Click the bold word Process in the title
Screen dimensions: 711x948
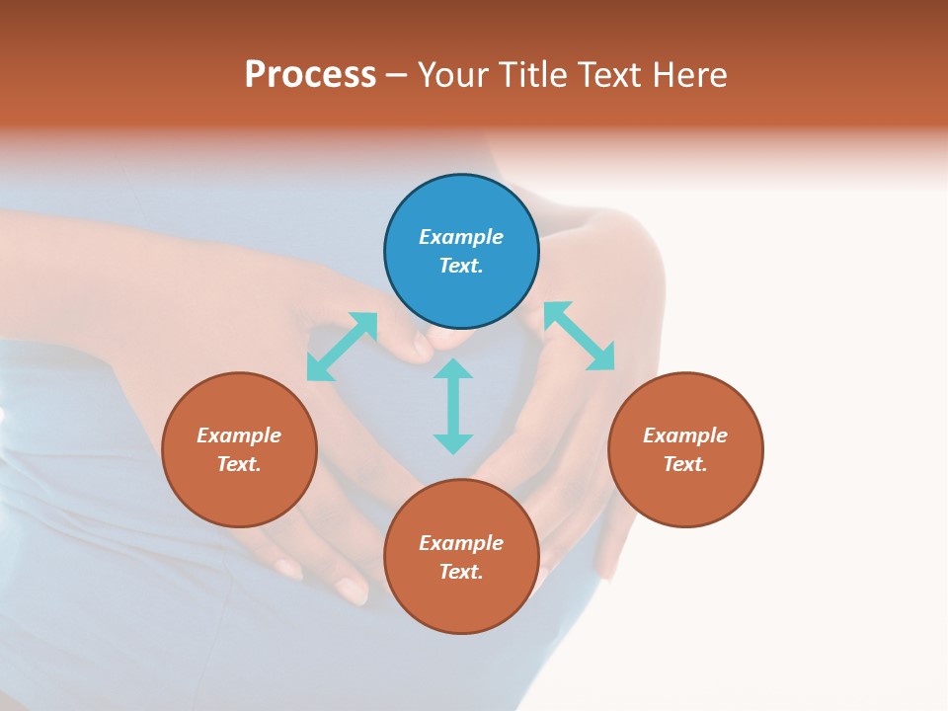pyautogui.click(x=310, y=75)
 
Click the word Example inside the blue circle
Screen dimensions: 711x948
pyautogui.click(x=461, y=237)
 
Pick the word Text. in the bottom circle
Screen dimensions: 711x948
pyautogui.click(x=461, y=572)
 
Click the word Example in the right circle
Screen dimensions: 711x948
pyautogui.click(x=685, y=435)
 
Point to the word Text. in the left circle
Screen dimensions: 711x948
pyautogui.click(x=239, y=464)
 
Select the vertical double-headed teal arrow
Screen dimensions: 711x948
pyautogui.click(x=453, y=406)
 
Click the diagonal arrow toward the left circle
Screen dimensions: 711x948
pyautogui.click(x=342, y=347)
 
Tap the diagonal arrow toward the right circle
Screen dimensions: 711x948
pyautogui.click(x=579, y=336)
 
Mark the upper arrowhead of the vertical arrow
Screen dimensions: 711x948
pyautogui.click(x=453, y=368)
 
